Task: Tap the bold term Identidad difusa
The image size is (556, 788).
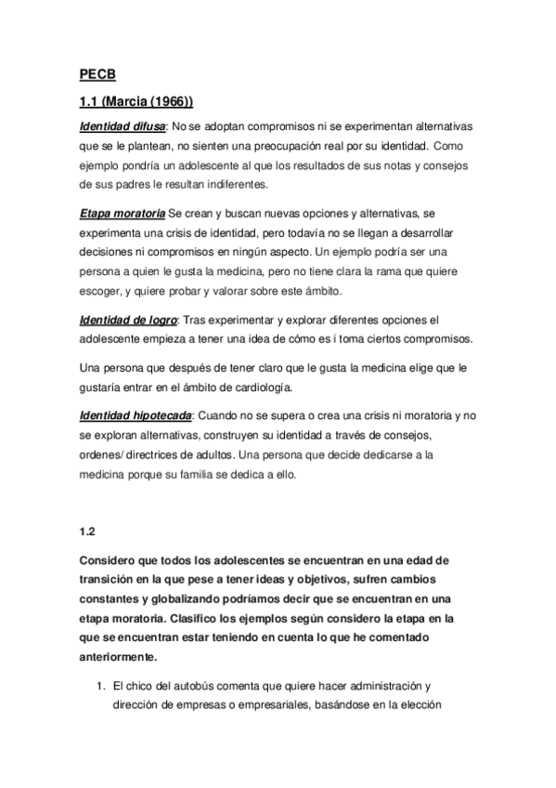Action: click(x=123, y=125)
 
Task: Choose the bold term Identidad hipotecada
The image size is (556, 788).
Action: click(x=136, y=414)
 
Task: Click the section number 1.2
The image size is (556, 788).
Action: click(x=88, y=532)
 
